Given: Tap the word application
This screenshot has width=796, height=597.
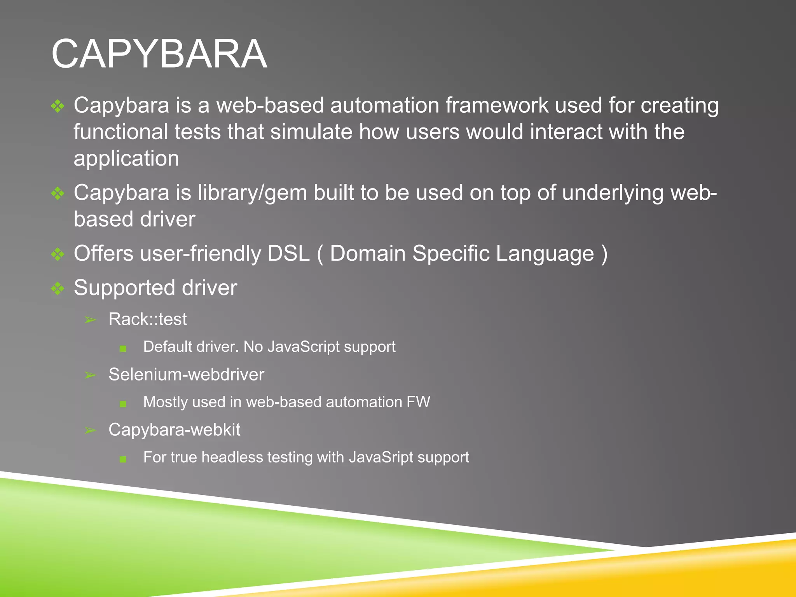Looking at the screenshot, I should pos(126,159).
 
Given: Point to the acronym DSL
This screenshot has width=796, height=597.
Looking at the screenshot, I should pos(288,254).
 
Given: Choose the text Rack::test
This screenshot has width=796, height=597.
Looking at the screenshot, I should pos(148,319).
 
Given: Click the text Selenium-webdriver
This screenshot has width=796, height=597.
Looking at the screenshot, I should pos(186,375).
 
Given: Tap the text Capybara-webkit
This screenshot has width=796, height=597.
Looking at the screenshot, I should pos(174,430).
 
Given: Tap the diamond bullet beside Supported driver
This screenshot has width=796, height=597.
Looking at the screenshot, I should pos(58,288).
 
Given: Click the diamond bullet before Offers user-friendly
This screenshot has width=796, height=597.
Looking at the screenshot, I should pos(58,254).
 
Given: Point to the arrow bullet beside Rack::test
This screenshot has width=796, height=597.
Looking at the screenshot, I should pos(90,320).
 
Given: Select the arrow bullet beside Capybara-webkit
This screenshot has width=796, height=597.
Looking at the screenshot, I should pos(90,430).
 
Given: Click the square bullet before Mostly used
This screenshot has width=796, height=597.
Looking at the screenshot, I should pos(123,404).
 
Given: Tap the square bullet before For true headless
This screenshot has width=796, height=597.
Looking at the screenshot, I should pos(123,459).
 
